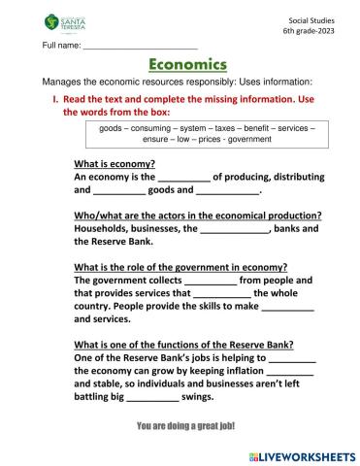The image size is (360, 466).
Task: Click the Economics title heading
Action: coord(188,65)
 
